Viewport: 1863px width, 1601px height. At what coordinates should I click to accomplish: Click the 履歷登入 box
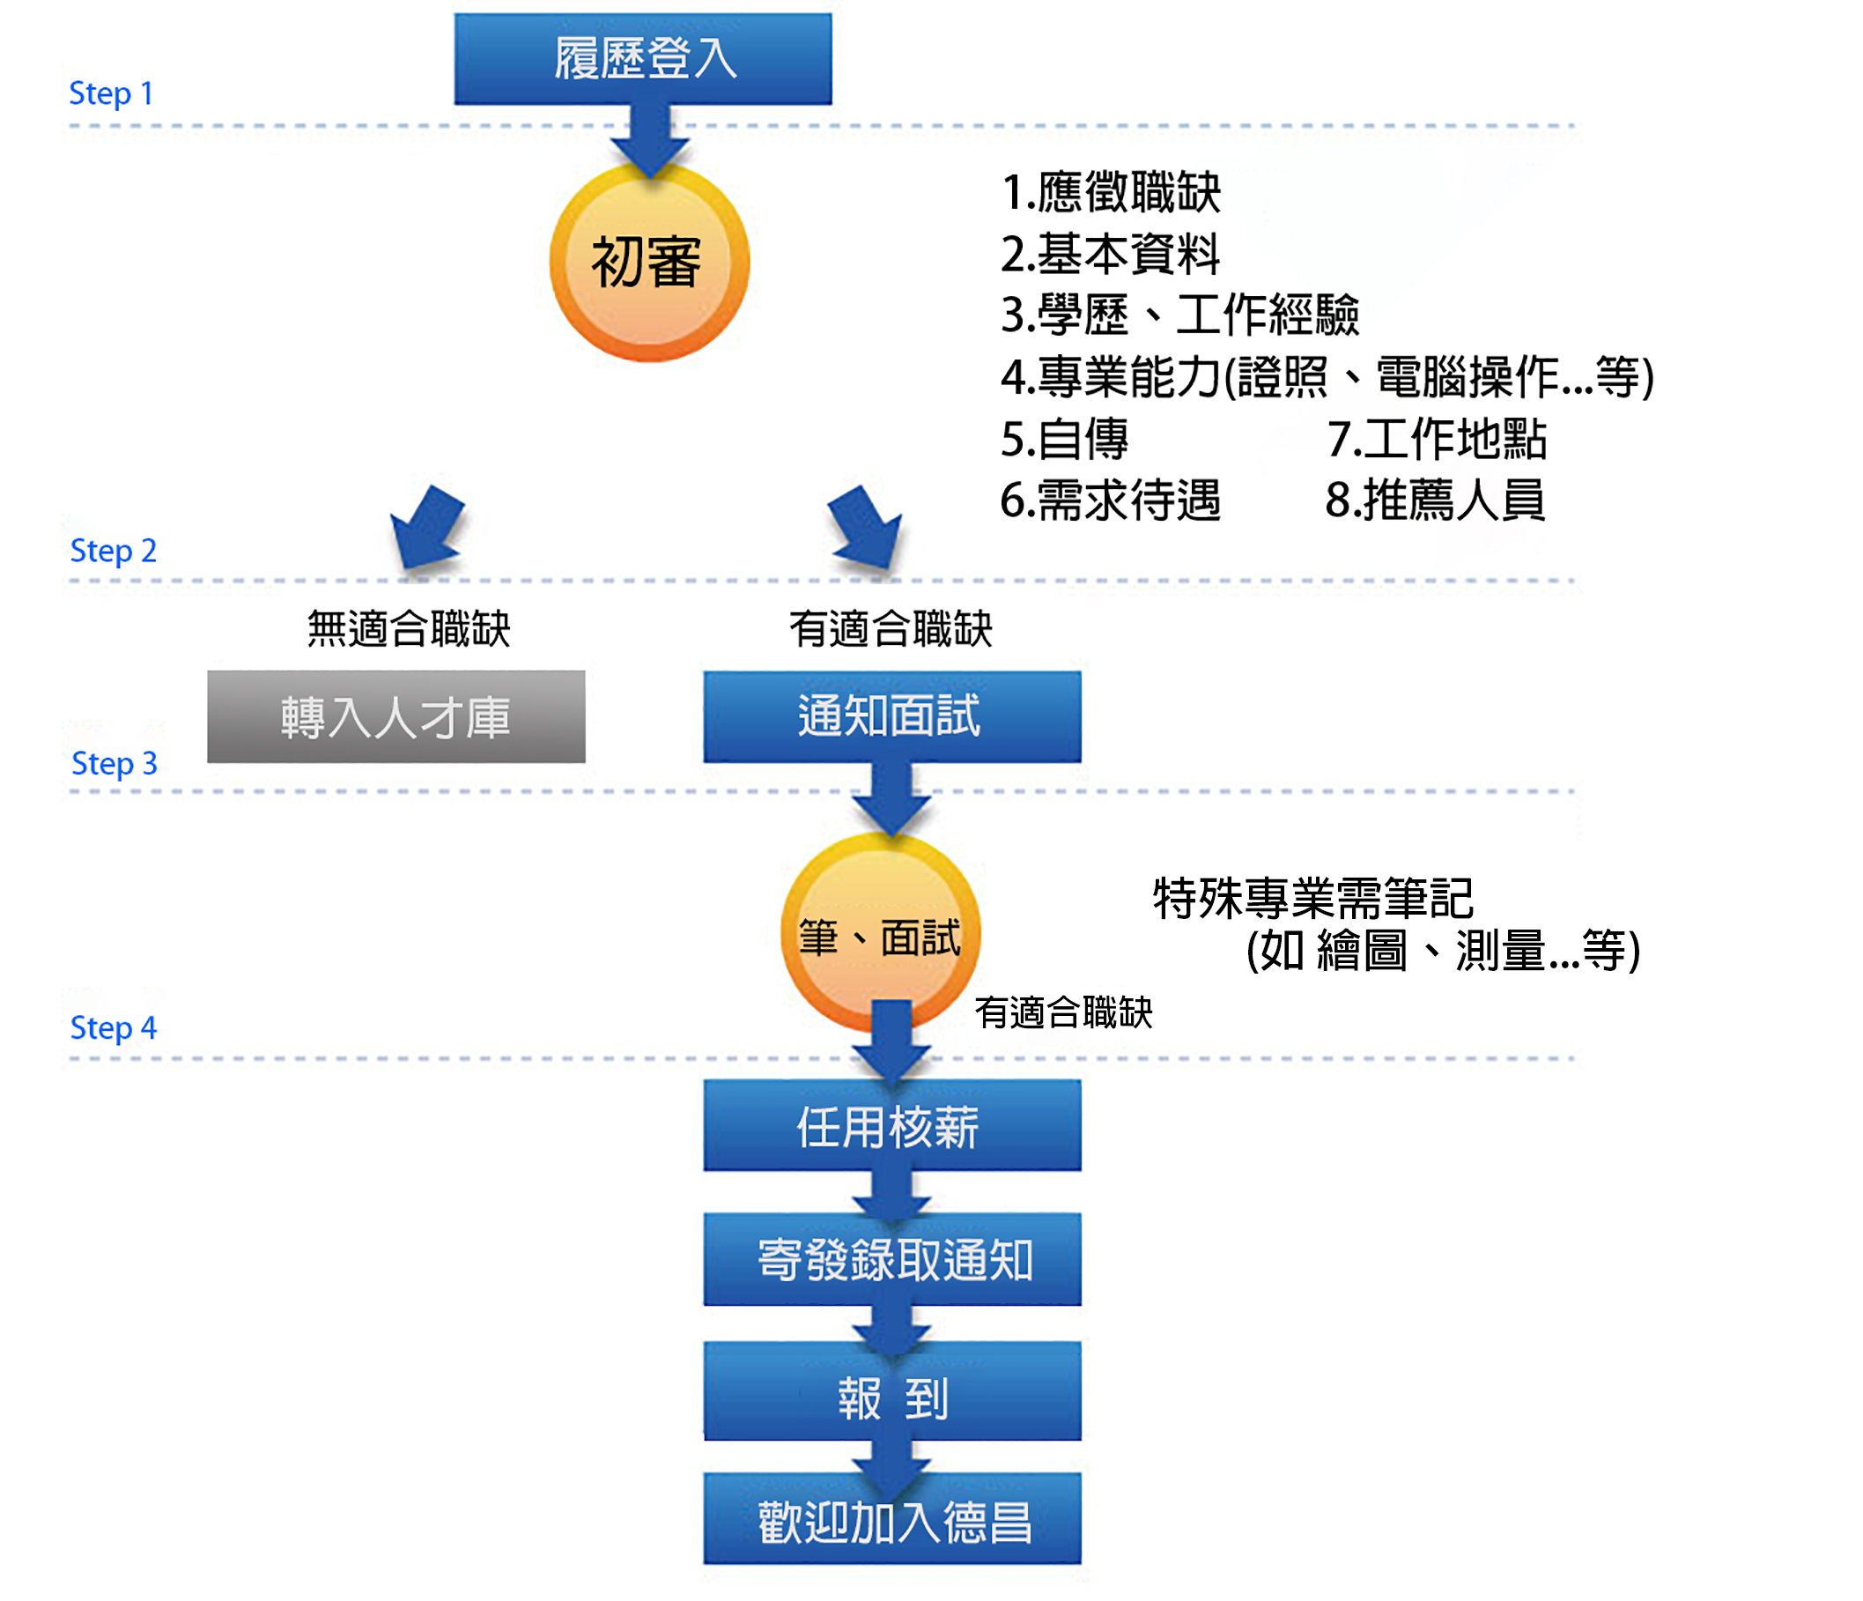point(643,58)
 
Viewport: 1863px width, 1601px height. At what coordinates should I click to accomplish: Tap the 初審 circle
point(648,262)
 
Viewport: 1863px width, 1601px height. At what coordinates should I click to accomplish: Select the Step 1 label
point(111,93)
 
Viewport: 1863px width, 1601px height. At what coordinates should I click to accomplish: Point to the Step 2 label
point(114,551)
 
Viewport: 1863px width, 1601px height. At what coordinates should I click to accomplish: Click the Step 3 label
point(115,764)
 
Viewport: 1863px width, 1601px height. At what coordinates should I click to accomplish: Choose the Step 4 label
point(114,1027)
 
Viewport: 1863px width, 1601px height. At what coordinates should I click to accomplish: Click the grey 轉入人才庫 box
point(396,717)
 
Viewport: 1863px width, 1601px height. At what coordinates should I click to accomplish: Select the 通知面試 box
point(892,717)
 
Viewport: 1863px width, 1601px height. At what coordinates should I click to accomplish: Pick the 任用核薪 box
point(892,1125)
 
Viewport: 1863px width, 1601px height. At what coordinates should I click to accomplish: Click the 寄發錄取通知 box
point(892,1259)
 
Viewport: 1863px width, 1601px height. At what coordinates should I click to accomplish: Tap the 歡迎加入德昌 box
point(892,1522)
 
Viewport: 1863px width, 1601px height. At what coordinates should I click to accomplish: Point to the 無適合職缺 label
point(409,628)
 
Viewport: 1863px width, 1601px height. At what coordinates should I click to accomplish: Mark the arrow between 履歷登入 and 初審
point(649,139)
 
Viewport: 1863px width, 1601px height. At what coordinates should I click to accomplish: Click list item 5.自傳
point(1065,439)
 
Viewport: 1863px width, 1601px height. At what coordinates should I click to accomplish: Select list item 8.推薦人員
point(1435,500)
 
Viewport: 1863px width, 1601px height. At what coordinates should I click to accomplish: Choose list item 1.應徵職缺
point(1111,191)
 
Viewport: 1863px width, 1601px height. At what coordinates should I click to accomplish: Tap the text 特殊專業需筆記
point(1312,898)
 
